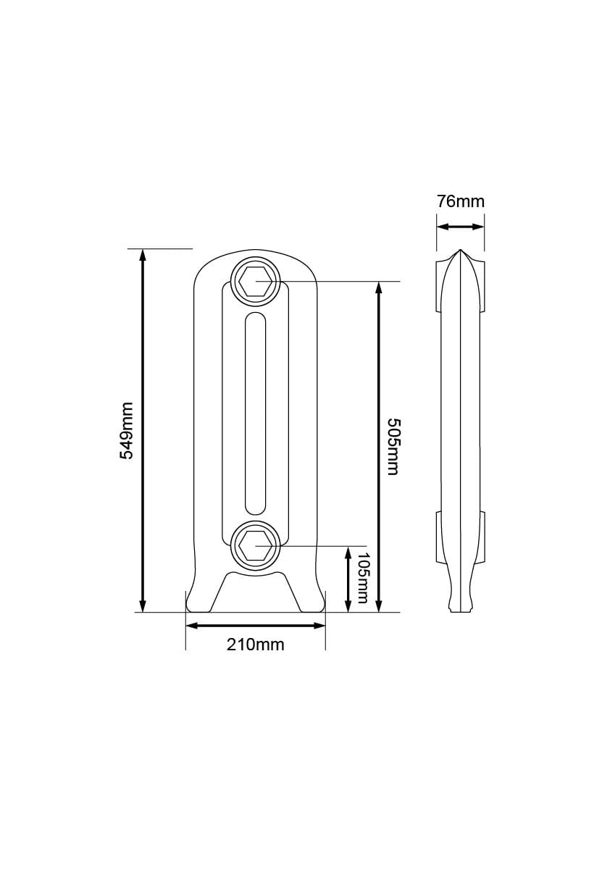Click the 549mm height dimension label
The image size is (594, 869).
[127, 430]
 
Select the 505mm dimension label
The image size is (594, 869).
[392, 446]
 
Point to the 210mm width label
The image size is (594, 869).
[255, 644]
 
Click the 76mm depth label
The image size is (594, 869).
[460, 201]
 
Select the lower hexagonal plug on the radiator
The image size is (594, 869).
[255, 545]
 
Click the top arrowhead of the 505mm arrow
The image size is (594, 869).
[378, 287]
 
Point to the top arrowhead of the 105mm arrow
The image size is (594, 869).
[348, 552]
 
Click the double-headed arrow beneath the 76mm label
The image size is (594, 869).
[460, 227]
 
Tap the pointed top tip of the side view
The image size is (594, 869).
[460, 252]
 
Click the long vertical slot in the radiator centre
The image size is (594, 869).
[255, 413]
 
